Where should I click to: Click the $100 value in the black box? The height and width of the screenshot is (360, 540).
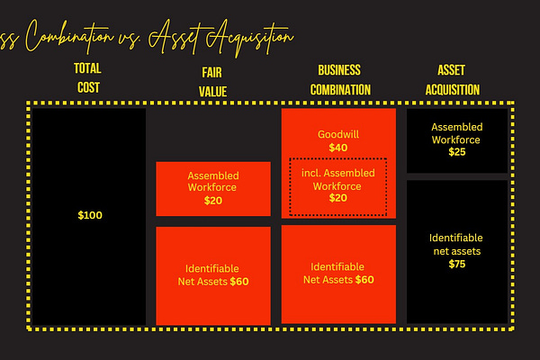[90, 216]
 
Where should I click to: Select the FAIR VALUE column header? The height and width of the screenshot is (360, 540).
[213, 80]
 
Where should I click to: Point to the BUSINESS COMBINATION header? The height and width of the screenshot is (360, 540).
[339, 79]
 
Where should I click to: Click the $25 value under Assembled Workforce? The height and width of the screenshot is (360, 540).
[457, 152]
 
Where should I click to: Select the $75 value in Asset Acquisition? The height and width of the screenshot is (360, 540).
[457, 265]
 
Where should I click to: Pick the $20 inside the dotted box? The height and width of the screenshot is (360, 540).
[337, 198]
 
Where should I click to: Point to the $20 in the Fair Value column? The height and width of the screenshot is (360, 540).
[213, 202]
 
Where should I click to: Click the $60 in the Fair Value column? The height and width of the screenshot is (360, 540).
[239, 282]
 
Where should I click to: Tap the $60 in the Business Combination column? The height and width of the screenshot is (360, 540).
[364, 280]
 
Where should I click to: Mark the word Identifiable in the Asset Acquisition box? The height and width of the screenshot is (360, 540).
[457, 238]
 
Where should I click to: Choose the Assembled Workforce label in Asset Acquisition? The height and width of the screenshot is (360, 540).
[457, 133]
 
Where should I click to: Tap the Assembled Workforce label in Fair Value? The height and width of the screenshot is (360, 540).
[213, 182]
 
